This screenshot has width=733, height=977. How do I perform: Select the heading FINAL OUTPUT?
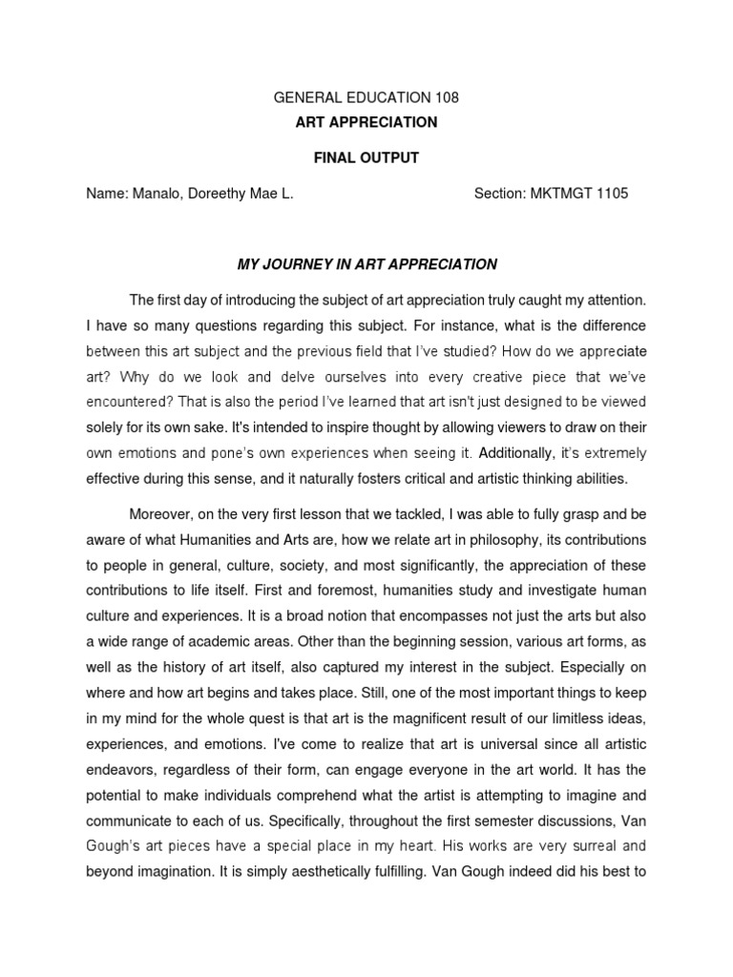pos(366,157)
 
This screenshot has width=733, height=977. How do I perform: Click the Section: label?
pos(501,194)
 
